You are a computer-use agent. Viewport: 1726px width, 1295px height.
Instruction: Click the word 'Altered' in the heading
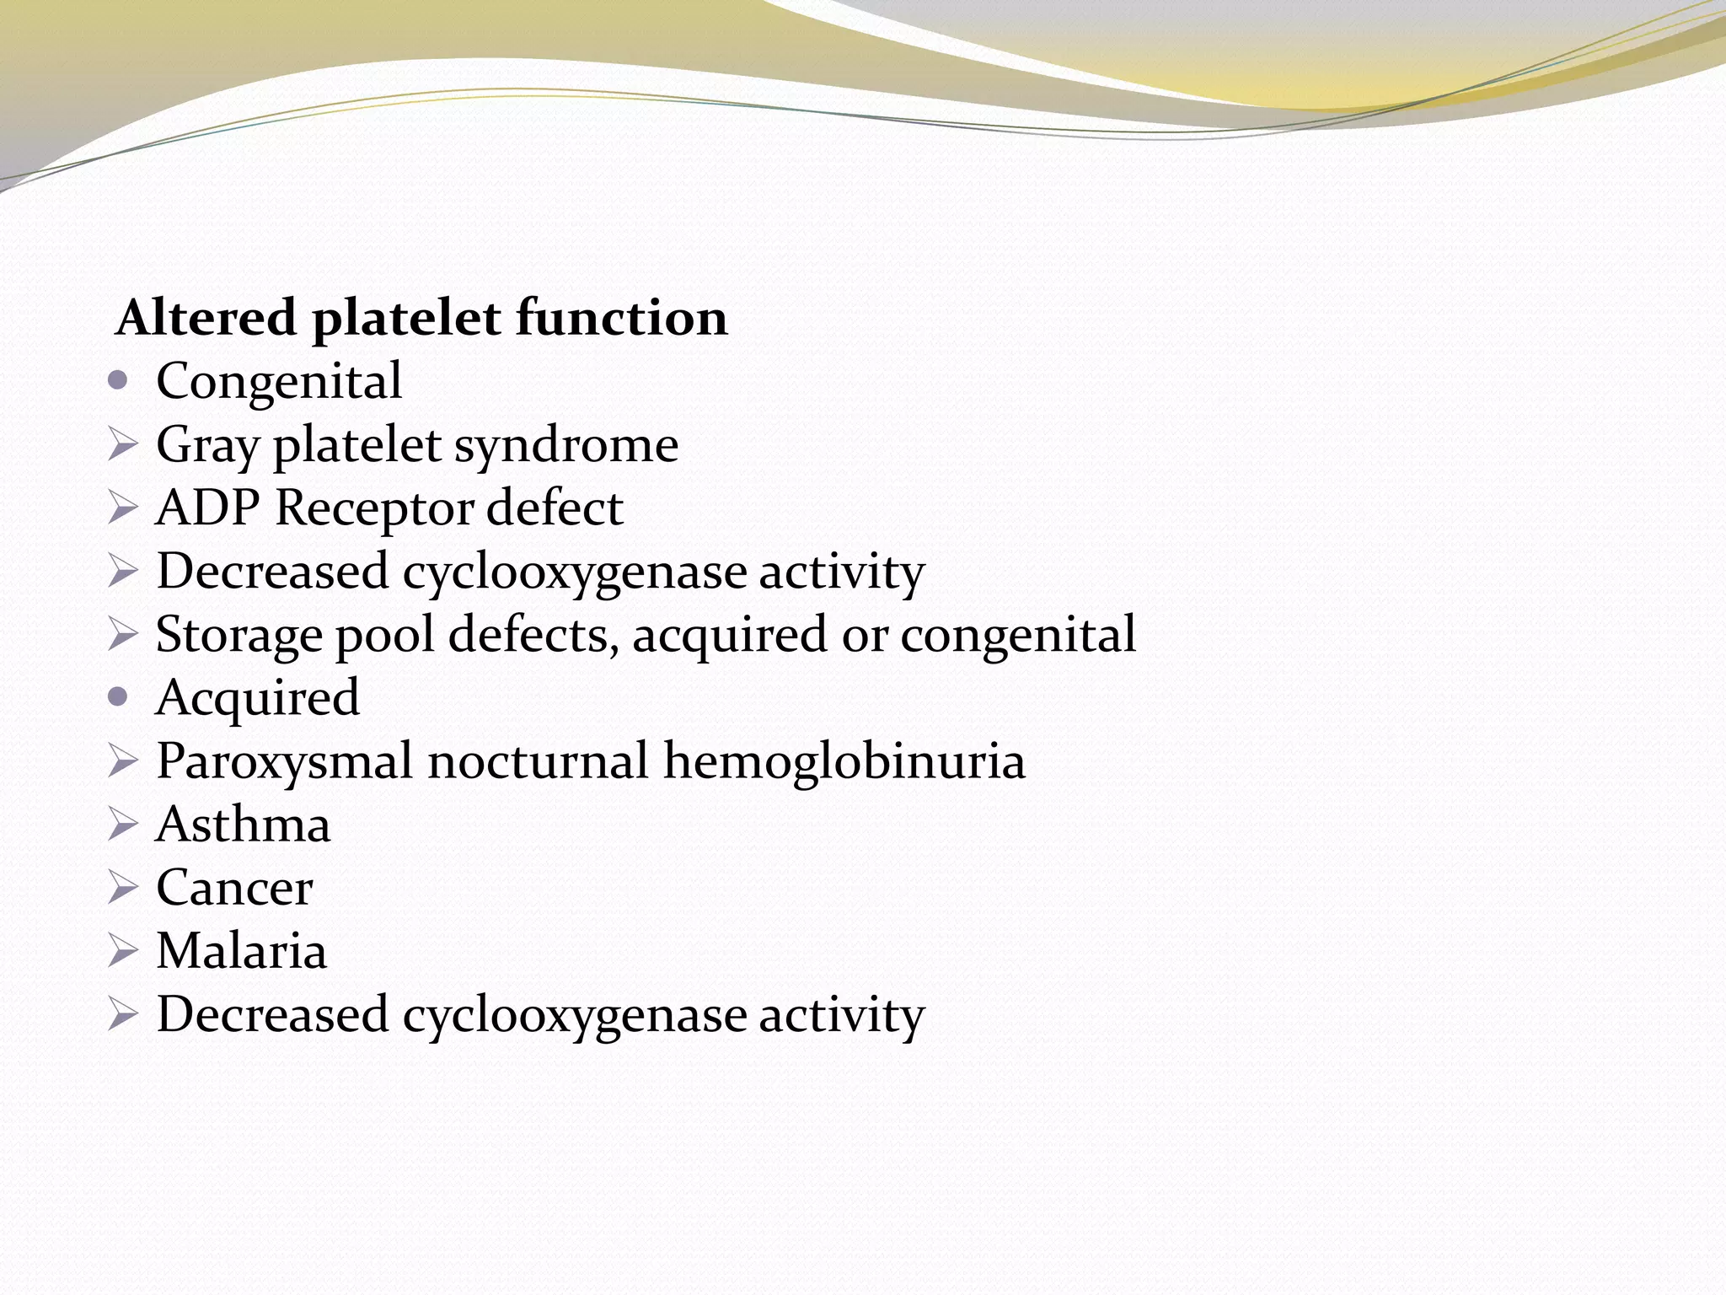pos(206,318)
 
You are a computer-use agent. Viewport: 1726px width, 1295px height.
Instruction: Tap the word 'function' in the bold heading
pos(621,318)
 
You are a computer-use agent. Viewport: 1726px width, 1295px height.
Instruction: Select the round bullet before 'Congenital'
pos(119,381)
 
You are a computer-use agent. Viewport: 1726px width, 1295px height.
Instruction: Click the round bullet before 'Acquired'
pos(119,697)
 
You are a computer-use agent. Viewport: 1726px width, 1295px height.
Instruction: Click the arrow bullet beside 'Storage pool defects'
pos(122,635)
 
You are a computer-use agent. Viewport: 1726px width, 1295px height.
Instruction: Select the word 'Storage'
pos(239,635)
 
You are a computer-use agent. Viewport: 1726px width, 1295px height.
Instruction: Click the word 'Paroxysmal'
pos(284,761)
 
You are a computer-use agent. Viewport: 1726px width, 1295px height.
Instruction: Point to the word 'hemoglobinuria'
pos(844,760)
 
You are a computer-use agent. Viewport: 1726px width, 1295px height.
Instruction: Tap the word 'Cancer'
pos(234,887)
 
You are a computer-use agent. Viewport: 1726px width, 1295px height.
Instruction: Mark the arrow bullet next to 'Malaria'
pos(122,951)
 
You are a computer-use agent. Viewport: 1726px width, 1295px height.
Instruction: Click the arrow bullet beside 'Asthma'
pos(122,825)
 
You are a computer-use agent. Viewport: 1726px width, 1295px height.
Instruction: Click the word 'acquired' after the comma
pos(730,635)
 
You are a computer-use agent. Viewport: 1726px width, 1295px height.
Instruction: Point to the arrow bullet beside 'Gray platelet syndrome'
pos(122,445)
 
